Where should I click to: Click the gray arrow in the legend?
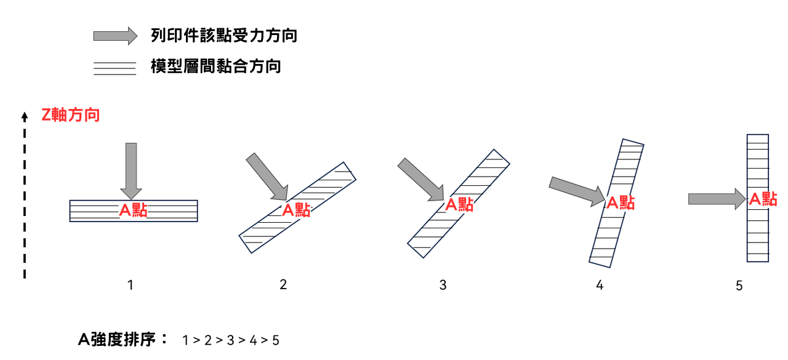pos(115,36)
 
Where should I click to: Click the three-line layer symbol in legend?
pos(115,68)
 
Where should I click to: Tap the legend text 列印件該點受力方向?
pos(224,36)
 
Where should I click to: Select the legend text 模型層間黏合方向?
pos(215,66)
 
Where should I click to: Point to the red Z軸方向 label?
pos(71,115)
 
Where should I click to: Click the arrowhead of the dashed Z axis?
pos(24,116)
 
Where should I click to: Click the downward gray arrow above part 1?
pos(131,171)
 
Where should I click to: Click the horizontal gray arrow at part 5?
pos(717,199)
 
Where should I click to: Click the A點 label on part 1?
pos(134,210)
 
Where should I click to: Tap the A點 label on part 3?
pos(459,204)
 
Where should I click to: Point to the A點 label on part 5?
pos(763,199)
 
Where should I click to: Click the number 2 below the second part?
pos(283,284)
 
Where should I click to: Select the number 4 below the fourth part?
pos(600,285)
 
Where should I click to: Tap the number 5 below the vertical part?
pos(739,286)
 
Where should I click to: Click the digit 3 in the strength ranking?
pos(230,340)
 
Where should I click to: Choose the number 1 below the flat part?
pos(131,285)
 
